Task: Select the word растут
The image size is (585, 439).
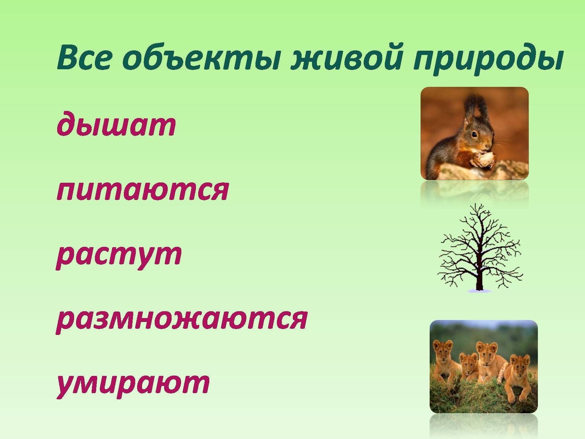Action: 119,255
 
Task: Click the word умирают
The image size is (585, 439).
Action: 133,384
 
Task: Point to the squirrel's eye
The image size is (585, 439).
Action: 475,134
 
